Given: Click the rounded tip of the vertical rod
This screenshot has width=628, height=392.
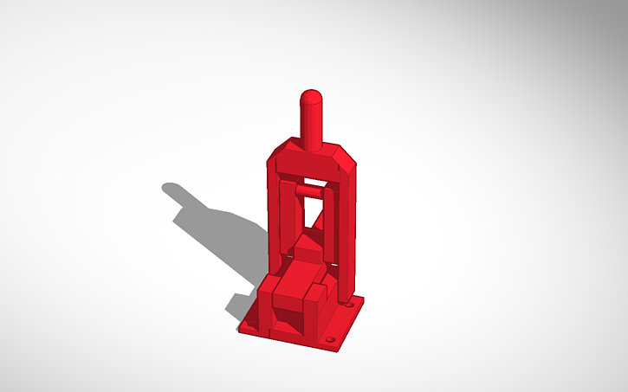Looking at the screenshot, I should click(312, 96).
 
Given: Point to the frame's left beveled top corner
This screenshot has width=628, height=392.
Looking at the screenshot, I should click(275, 157).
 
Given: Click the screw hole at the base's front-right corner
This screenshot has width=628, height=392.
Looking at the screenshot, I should click(328, 339).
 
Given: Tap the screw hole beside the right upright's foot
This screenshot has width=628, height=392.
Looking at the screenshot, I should click(349, 306).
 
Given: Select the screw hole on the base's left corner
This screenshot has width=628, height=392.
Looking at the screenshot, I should click(250, 325).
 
